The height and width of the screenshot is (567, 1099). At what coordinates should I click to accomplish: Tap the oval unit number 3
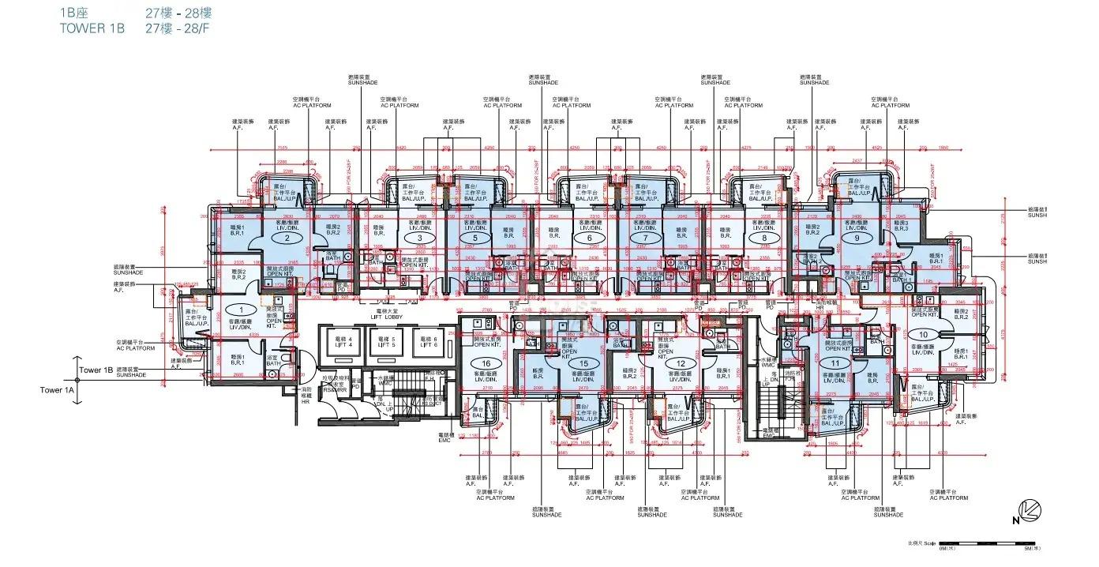coord(419,238)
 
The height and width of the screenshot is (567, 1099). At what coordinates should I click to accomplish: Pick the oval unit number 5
coord(474,238)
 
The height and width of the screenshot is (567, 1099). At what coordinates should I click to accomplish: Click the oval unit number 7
coord(646,238)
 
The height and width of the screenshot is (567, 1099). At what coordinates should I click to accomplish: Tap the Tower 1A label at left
coord(57,389)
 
